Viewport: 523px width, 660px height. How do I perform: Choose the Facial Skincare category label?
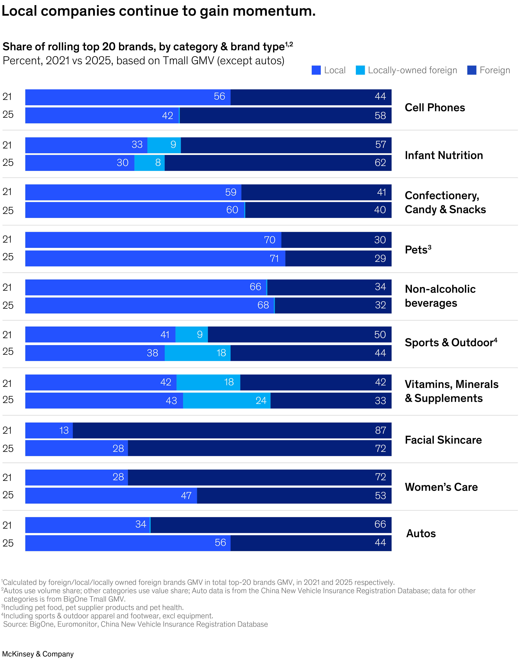pos(443,440)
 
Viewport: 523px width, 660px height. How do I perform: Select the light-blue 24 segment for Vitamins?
pos(261,400)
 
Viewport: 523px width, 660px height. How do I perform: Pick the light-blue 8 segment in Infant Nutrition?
pos(158,163)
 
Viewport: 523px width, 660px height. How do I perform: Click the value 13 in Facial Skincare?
pos(64,430)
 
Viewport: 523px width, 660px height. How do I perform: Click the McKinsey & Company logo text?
pos(38,654)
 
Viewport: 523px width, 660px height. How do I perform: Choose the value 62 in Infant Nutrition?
pos(380,163)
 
